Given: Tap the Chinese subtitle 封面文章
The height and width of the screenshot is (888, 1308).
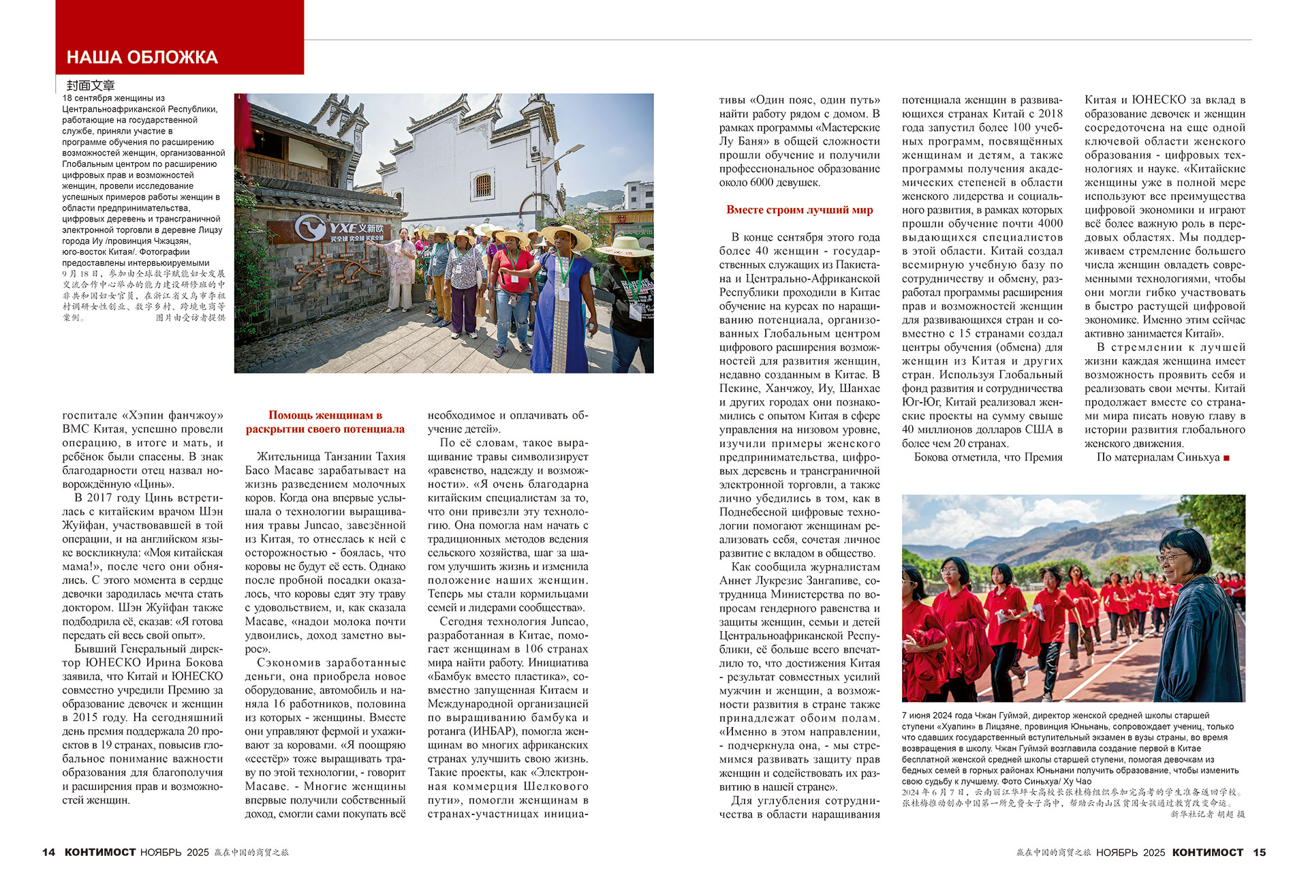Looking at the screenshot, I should (91, 85).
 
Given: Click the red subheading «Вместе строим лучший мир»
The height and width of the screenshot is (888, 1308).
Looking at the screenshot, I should (799, 210).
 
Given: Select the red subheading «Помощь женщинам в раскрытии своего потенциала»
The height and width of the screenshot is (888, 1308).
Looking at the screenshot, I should (325, 422).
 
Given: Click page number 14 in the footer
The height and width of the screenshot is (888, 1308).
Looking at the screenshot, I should (48, 852).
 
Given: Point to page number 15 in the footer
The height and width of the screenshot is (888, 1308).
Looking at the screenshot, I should (1259, 852).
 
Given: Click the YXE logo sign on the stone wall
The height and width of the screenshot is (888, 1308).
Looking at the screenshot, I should (341, 229).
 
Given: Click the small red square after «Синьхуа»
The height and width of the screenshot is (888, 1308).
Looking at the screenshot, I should (1226, 458).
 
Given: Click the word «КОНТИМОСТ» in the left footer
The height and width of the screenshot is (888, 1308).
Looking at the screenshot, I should (100, 852).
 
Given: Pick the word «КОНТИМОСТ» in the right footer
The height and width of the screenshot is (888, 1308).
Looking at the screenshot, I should (1207, 852).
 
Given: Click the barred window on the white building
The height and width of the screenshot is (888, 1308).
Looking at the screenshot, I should (483, 185).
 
